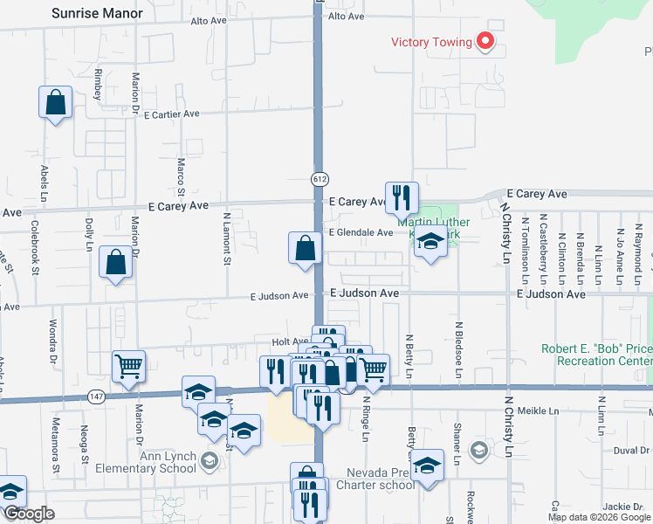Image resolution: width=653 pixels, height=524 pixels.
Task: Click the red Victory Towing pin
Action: click(x=485, y=40)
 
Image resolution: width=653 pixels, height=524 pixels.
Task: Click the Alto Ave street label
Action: click(x=346, y=17)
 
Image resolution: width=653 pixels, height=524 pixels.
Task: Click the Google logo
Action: click(x=30, y=514)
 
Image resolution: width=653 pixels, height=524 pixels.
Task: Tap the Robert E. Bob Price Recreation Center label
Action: click(x=596, y=354)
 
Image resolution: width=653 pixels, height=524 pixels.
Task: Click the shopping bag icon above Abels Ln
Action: click(x=56, y=102)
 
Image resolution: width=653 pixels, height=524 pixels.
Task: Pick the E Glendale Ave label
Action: click(x=361, y=232)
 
